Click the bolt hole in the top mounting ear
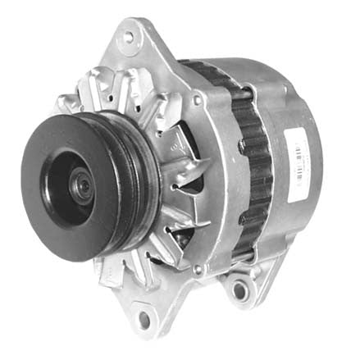(129, 37)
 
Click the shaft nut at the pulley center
(84, 186)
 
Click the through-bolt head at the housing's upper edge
(198, 100)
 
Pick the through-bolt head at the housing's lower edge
(197, 268)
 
